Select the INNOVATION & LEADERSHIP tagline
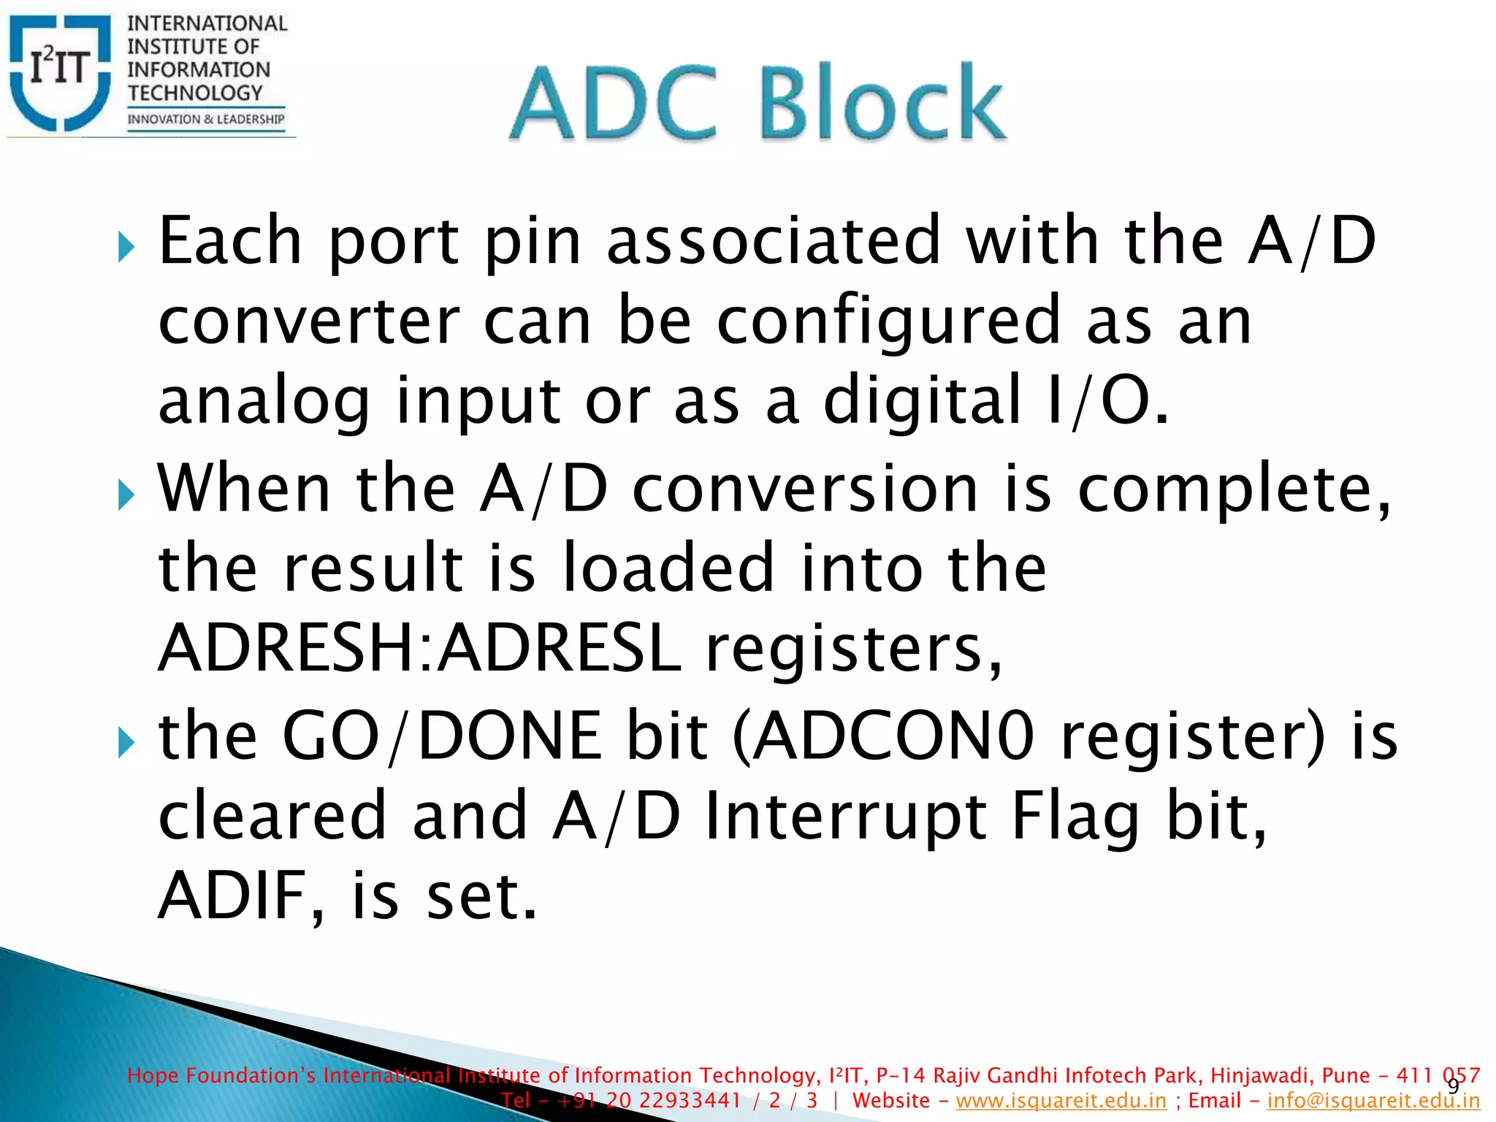(206, 119)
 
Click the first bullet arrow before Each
(126, 248)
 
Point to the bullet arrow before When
(126, 496)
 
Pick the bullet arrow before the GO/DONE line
(126, 744)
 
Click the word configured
(888, 321)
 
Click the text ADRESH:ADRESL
(420, 648)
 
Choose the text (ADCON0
(882, 736)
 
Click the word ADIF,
(240, 896)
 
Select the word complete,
(1234, 490)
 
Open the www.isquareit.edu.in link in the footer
(1061, 1101)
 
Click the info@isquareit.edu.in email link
(1373, 1101)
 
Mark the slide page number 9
(1453, 1086)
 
